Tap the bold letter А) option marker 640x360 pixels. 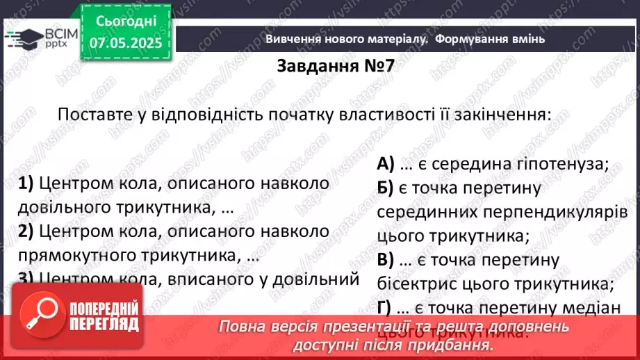[x=386, y=164]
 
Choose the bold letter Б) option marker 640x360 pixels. [x=385, y=188]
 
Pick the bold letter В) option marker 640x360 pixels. [x=385, y=260]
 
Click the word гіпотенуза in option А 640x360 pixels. [x=559, y=164]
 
